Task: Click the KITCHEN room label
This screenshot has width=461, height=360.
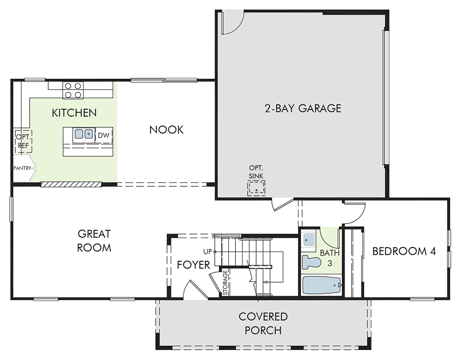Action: pos(74,112)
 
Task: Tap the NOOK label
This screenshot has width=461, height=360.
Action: pos(167,130)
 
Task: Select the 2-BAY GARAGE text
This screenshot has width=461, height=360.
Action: pos(303,108)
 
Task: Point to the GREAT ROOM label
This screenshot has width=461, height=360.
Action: pos(94,241)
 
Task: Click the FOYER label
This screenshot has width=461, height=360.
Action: pos(194,265)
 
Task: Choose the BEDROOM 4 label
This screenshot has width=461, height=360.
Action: pos(404,251)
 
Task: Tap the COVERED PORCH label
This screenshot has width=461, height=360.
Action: pos(263,323)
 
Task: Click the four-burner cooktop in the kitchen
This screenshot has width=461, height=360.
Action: pos(73,90)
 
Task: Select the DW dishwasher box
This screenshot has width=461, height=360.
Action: pos(104,135)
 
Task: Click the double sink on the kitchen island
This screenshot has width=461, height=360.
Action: pos(84,134)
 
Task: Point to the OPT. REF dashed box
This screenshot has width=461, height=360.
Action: pos(23,141)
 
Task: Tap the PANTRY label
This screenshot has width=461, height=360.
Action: pos(22,168)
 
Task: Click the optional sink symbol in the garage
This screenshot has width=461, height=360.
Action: pos(256,188)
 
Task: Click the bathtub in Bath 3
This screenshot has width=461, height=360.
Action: pos(321,285)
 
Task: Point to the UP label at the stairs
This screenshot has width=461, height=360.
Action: pos(208,252)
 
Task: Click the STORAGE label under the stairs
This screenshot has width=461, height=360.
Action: pos(226,283)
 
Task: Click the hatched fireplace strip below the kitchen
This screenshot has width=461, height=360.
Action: pos(71,184)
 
